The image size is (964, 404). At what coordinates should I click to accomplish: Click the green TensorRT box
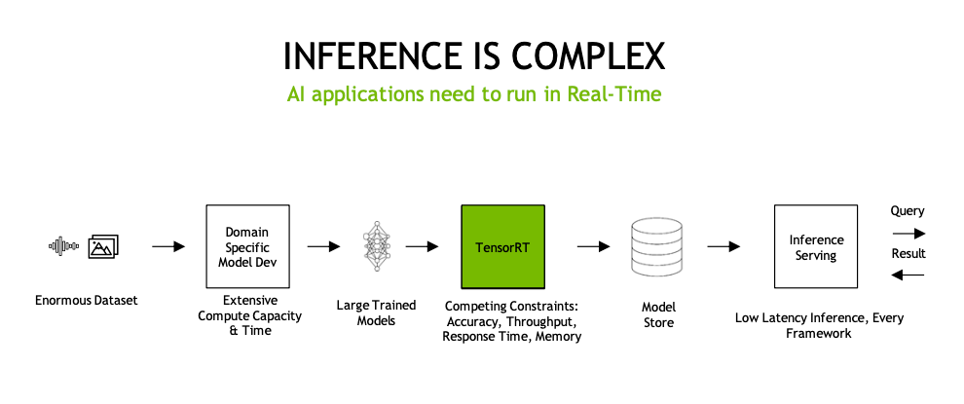502,246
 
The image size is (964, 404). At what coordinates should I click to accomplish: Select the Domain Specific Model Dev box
247,246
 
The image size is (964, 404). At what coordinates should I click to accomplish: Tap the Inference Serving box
816,246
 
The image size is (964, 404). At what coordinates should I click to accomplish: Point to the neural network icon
377,246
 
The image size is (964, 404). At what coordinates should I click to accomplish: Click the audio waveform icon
64,246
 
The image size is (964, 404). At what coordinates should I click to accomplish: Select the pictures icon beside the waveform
103,246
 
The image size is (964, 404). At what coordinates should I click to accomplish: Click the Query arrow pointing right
908,234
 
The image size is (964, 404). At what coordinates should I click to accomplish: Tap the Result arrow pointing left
908,275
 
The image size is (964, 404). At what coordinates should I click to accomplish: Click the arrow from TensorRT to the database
593,246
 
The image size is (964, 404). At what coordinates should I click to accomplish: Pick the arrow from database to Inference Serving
723,246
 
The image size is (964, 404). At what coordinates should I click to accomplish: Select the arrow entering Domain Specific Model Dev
168,246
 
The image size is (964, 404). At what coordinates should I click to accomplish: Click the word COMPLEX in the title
588,55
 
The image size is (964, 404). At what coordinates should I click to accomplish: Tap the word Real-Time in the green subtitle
614,94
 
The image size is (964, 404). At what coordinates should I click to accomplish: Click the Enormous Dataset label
86,301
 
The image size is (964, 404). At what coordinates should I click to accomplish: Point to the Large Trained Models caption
376,313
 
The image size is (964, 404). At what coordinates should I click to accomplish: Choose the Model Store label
658,314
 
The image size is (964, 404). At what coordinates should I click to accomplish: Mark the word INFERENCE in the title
372,55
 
